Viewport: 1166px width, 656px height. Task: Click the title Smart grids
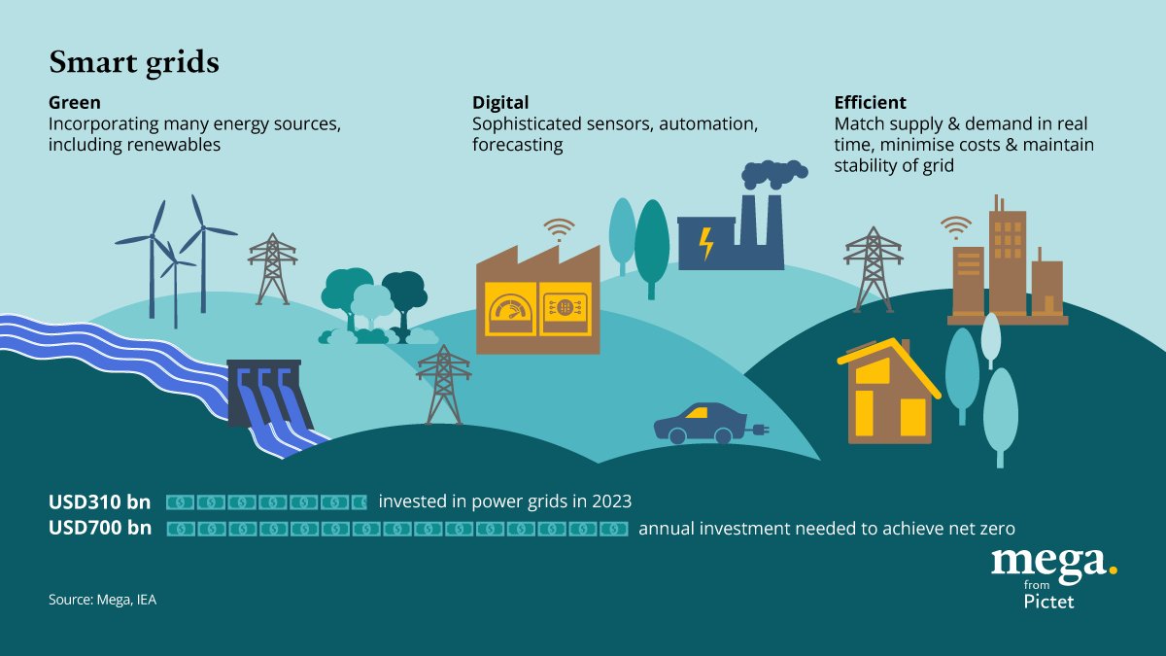[x=134, y=63]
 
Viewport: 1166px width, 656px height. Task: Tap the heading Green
[x=75, y=102]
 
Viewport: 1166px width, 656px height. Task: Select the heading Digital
[x=500, y=102]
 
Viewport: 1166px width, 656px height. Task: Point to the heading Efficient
[x=870, y=102]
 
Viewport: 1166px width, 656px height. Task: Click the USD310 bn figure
[x=100, y=502]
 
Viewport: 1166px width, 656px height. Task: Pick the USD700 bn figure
[x=100, y=529]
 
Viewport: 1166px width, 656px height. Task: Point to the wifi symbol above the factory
[x=559, y=229]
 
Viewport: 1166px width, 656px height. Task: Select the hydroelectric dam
[x=264, y=394]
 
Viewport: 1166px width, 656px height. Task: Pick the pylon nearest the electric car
[x=443, y=384]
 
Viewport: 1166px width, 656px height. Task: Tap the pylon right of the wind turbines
[x=272, y=268]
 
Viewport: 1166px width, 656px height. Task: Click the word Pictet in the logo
[x=1049, y=602]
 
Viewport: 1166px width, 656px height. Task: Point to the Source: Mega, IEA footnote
[x=102, y=600]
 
